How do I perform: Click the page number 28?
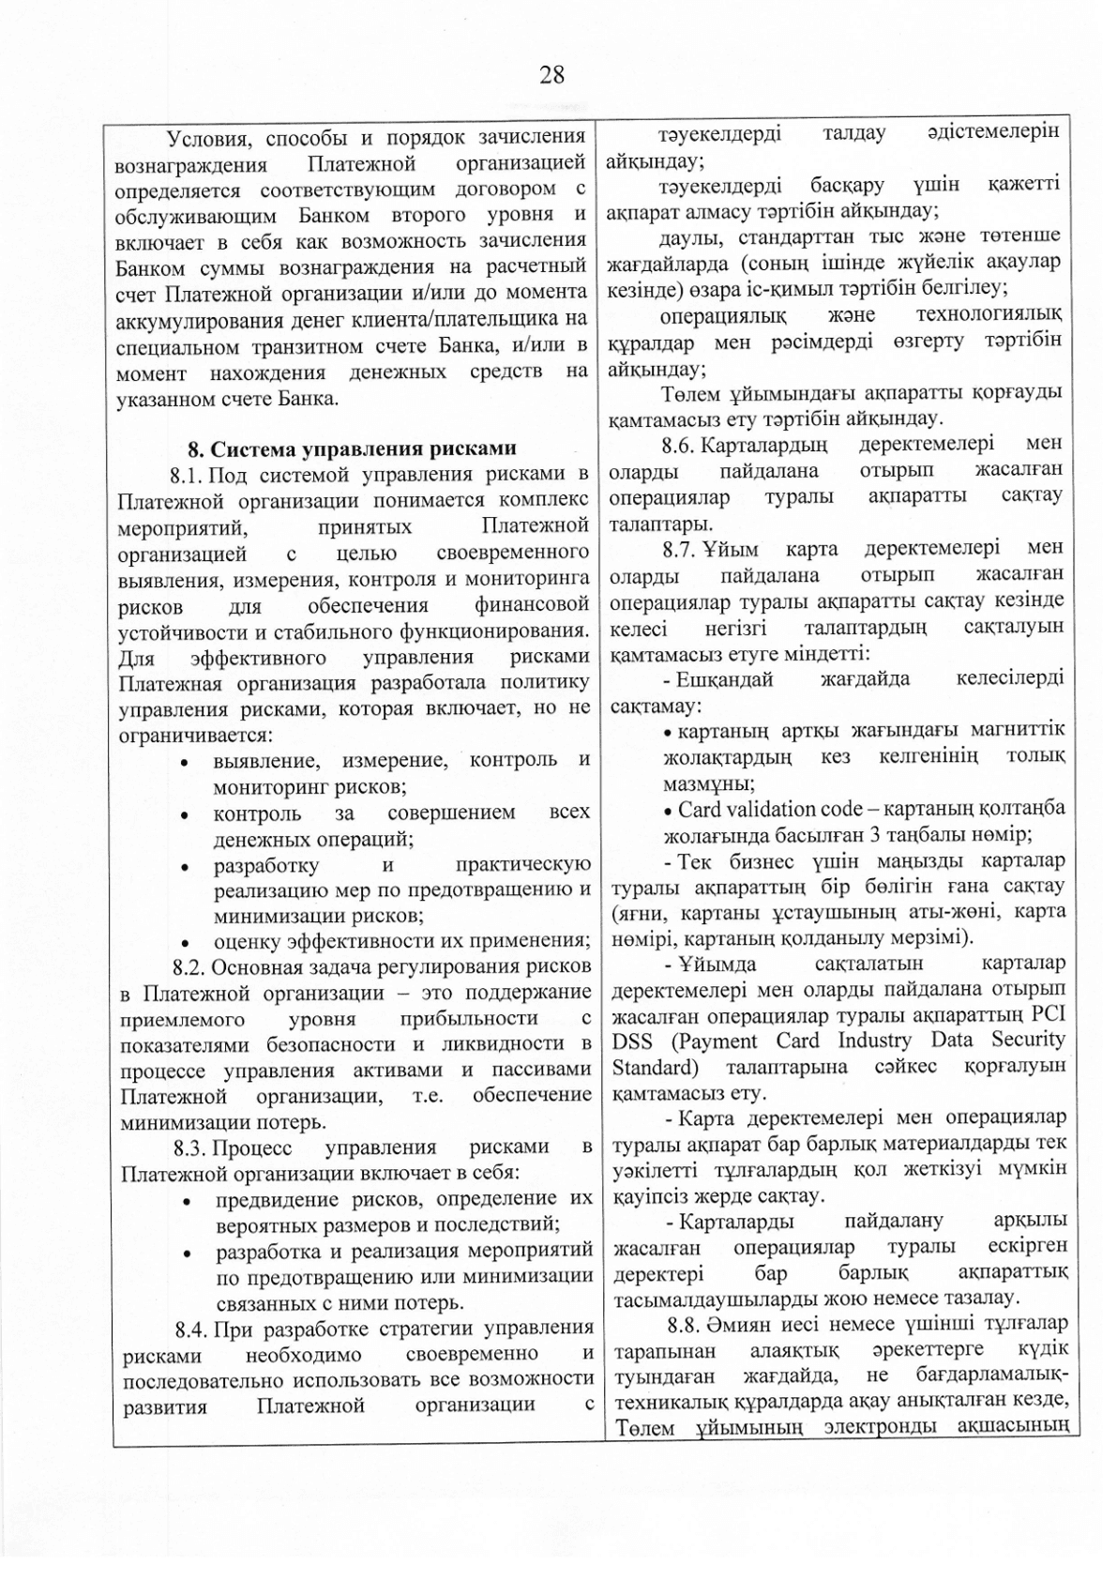(551, 75)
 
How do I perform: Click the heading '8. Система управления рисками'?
(353, 448)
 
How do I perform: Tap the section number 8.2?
(189, 966)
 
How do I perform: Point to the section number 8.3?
(191, 1147)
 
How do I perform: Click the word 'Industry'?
(875, 1041)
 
